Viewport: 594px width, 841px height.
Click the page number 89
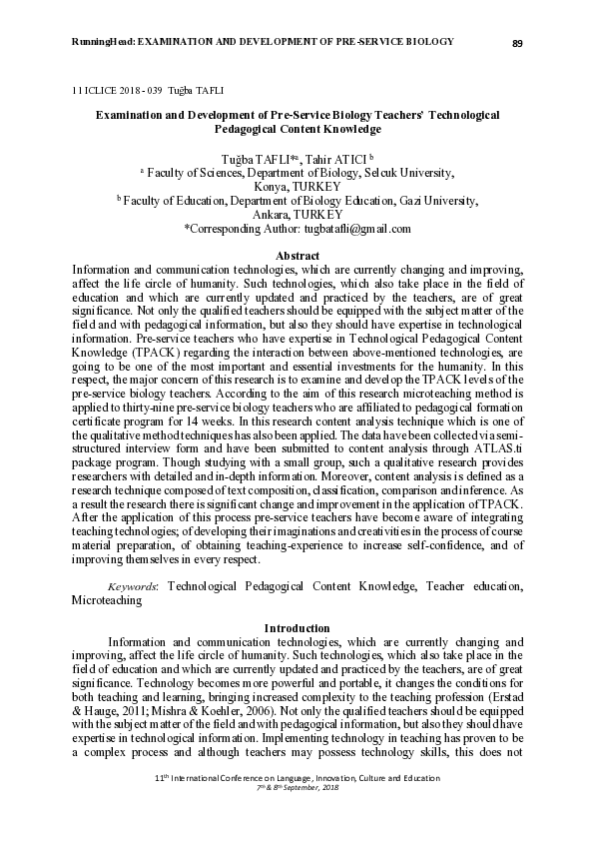517,43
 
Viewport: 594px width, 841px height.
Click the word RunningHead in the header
102,42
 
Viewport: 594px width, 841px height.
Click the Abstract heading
297,257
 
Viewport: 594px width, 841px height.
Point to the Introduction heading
297,628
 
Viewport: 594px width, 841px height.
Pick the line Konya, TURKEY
297,187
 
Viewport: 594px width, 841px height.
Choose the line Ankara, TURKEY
297,215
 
